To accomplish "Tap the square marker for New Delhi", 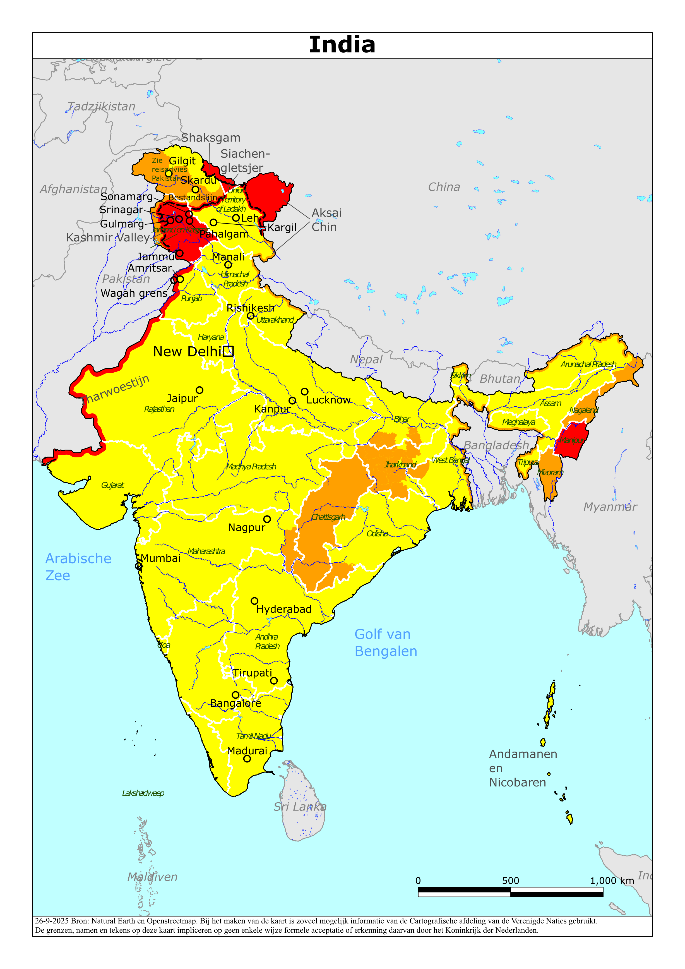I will pyautogui.click(x=228, y=351).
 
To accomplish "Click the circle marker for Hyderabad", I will pyautogui.click(x=254, y=601).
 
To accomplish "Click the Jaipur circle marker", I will pyautogui.click(x=199, y=390).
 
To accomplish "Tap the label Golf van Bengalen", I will pyautogui.click(x=385, y=642).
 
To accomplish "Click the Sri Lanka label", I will pyautogui.click(x=300, y=807).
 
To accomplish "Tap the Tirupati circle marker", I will pyautogui.click(x=274, y=680).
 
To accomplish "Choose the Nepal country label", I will pyautogui.click(x=366, y=359).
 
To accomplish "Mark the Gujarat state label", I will pyautogui.click(x=112, y=485).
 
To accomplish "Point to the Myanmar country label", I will pyautogui.click(x=610, y=507).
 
